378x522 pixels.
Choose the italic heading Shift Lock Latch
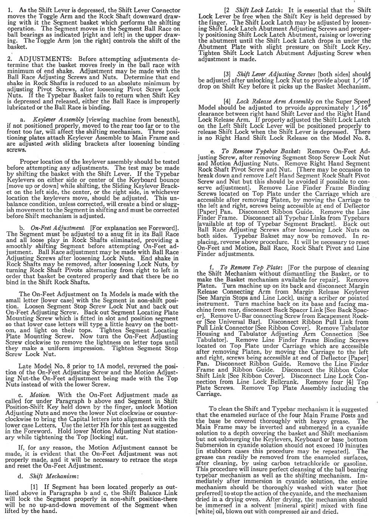[x=257, y=10]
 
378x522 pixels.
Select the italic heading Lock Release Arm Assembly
[x=274, y=102]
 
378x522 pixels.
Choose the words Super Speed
[x=352, y=102]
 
